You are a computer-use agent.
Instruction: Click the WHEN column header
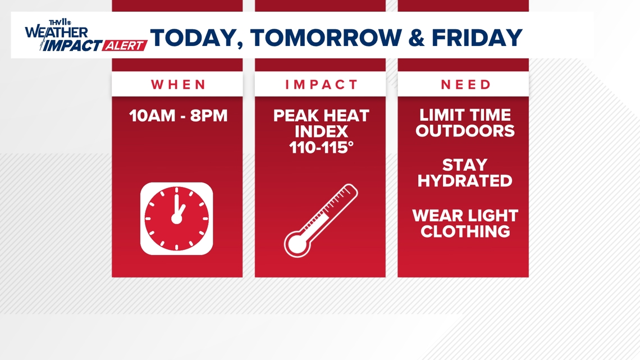[178, 85]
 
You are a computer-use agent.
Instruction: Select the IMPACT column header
[321, 85]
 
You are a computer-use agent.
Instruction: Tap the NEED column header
[465, 85]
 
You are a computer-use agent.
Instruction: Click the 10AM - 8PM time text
[178, 116]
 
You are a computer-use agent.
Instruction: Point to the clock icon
[177, 218]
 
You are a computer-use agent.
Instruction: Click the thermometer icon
[321, 220]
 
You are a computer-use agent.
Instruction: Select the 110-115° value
[321, 147]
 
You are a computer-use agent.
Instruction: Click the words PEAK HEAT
[321, 116]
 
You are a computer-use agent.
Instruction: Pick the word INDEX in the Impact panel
[321, 131]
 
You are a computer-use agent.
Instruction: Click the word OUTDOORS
[465, 131]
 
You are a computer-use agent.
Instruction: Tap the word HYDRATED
[465, 181]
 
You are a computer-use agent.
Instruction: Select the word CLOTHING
[465, 231]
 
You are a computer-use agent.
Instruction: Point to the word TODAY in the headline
[195, 38]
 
